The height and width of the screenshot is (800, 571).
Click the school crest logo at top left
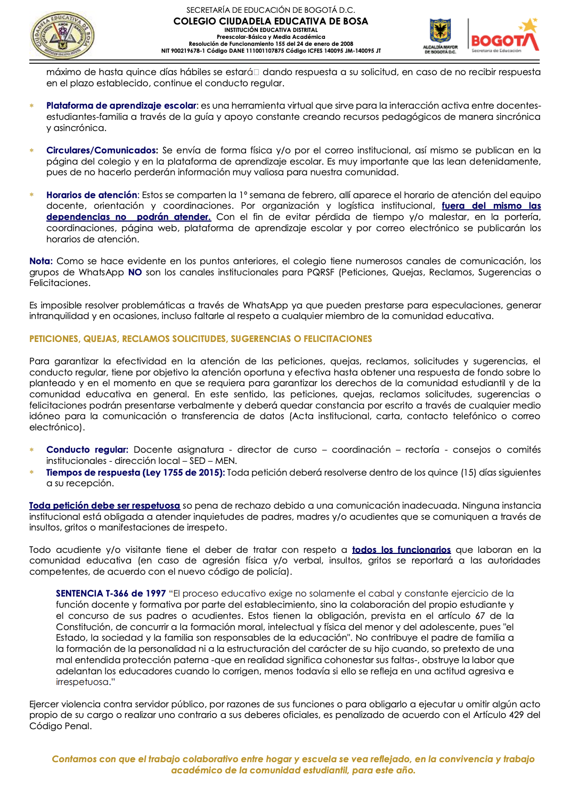[x=62, y=36]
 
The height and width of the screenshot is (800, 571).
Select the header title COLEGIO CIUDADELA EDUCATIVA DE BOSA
[x=271, y=21]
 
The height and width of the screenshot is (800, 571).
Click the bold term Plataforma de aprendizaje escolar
[x=121, y=105]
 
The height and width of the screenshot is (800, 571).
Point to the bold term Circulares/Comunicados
[x=102, y=150]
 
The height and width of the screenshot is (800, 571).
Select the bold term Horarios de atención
[x=92, y=195]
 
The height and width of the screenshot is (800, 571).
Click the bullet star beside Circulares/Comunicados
[x=32, y=151]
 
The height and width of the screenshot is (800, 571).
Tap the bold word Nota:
[x=40, y=261]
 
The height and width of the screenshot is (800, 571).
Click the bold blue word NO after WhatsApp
[x=135, y=272]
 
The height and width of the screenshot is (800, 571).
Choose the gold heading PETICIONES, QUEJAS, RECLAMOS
[x=201, y=339]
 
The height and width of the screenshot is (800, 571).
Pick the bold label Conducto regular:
[x=87, y=450]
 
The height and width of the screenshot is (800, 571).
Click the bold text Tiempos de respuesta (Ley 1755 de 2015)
[x=135, y=472]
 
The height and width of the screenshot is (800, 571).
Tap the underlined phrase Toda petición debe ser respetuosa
[x=104, y=505]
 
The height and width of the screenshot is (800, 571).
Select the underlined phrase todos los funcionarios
[x=401, y=550]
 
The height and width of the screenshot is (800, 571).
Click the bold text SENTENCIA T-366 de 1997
[x=111, y=593]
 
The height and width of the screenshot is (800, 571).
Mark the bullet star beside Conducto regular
[x=32, y=450]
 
